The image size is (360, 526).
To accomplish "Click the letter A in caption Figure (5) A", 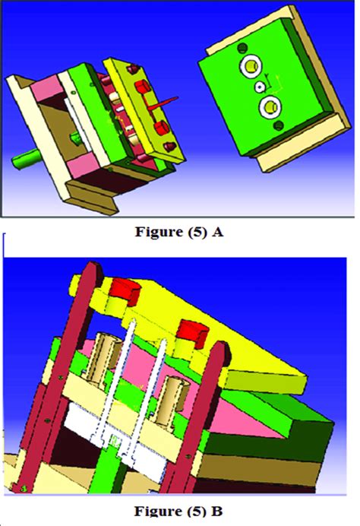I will [x=218, y=234].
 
